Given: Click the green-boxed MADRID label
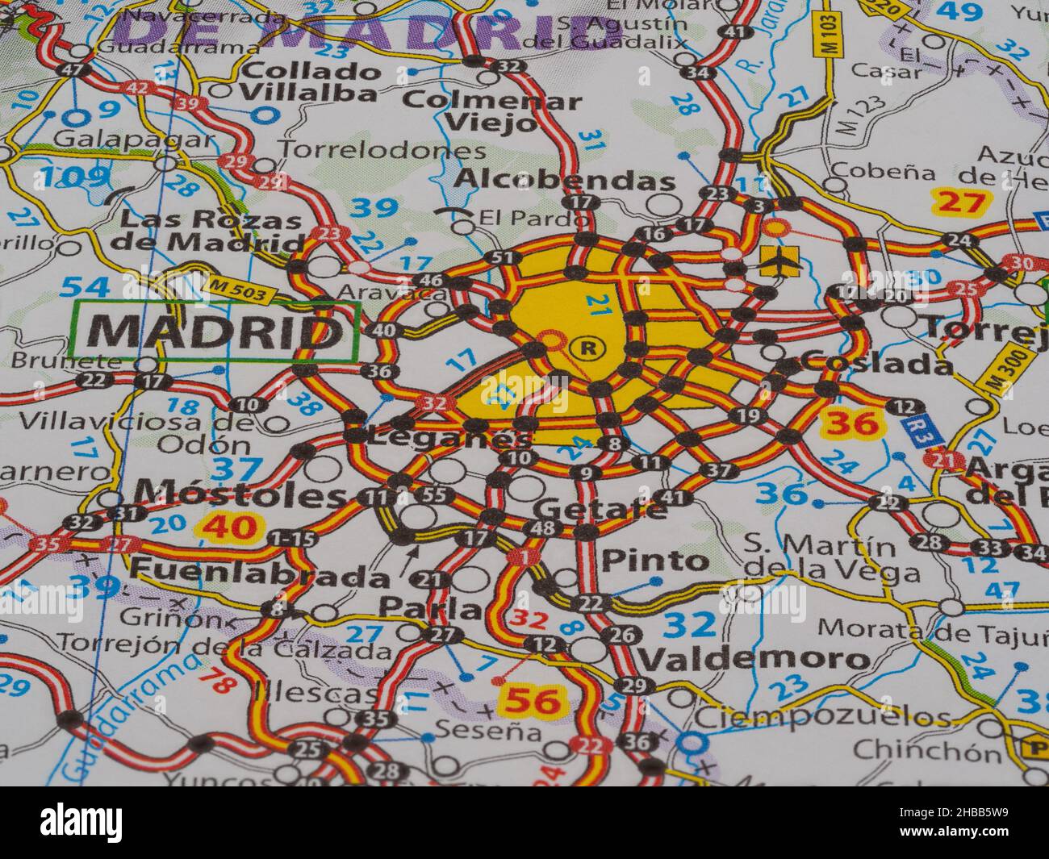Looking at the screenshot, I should click(215, 331).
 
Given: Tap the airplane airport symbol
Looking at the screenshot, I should click(779, 261).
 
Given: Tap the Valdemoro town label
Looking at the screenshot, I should click(754, 660).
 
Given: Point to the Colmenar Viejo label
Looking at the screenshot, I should click(491, 111).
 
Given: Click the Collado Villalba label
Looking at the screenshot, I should click(311, 81).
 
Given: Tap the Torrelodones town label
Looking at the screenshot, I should click(382, 150).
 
